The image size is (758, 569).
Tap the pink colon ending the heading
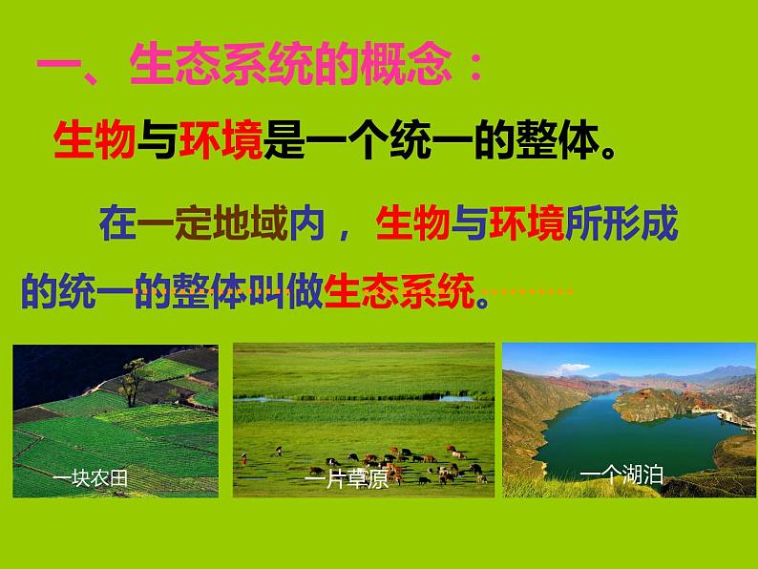click(x=476, y=66)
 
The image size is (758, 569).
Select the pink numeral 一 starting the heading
click(x=57, y=64)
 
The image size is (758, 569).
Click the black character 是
click(x=284, y=139)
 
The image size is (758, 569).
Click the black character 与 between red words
click(x=157, y=139)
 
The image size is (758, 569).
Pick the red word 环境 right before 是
click(x=221, y=139)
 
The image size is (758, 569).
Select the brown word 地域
click(x=250, y=222)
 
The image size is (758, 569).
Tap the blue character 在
click(x=118, y=222)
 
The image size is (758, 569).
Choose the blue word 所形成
click(x=621, y=222)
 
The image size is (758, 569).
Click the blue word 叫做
click(x=285, y=290)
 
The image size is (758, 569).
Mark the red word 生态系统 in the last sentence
click(x=399, y=290)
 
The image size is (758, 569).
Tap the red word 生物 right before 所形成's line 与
click(x=412, y=222)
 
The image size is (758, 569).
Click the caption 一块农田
click(x=90, y=478)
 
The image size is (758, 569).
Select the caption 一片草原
click(x=347, y=479)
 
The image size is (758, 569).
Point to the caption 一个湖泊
click(x=621, y=475)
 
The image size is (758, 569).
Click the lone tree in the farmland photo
click(x=133, y=382)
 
